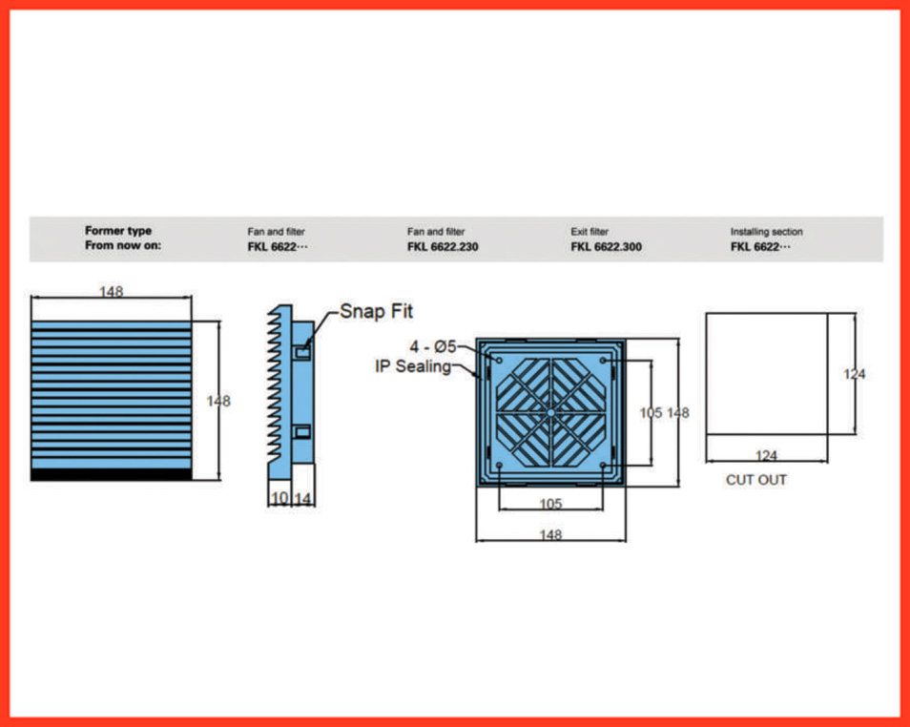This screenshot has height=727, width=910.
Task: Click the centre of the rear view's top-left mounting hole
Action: coord(499,361)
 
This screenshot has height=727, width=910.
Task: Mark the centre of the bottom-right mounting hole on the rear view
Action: coord(603,466)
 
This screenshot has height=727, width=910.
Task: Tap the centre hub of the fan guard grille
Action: coord(550,413)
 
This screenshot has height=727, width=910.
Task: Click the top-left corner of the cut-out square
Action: coord(706,314)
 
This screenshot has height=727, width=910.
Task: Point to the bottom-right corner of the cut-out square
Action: coord(828,434)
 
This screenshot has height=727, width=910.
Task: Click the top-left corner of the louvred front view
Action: coord(31,322)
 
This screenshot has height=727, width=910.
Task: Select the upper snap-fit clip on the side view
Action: coord(302,352)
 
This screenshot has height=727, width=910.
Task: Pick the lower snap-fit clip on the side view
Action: coord(302,432)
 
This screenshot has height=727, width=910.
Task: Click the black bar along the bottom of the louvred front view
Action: coord(112,475)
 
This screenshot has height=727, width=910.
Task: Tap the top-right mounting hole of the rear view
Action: coord(603,361)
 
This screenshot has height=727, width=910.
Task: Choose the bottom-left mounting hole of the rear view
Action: coord(499,466)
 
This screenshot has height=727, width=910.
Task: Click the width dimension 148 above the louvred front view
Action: coord(112,292)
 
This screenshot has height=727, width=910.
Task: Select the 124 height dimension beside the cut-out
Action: coord(855,374)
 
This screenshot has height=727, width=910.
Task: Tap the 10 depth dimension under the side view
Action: coord(279,498)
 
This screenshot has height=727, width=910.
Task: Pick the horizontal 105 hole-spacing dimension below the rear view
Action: coord(550,504)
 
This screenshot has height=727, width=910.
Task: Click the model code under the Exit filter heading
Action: coord(606,247)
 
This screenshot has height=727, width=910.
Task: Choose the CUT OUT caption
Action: coord(756,480)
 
